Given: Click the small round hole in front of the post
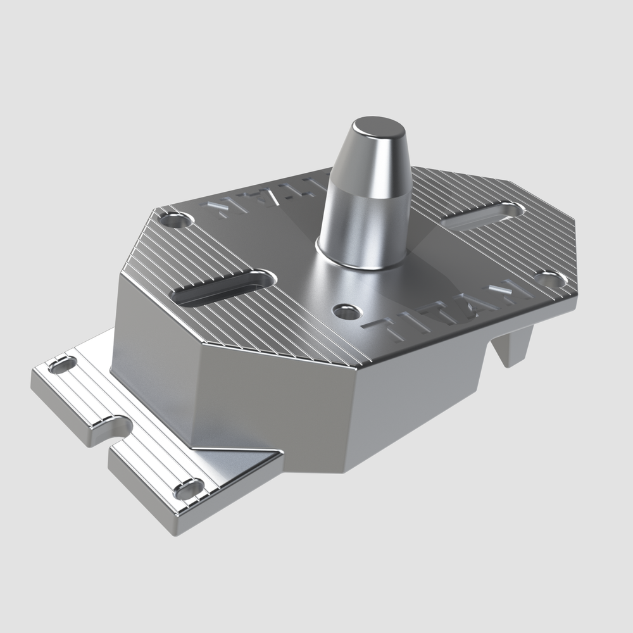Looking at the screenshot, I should pyautogui.click(x=346, y=311).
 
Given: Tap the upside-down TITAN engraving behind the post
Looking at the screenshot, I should pyautogui.click(x=266, y=196).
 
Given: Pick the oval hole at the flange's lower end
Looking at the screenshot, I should pyautogui.click(x=189, y=489).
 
